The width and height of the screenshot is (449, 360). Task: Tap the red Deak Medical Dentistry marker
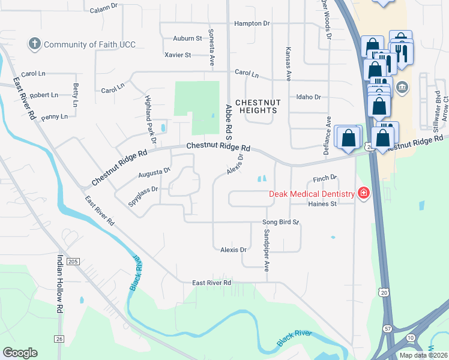363,193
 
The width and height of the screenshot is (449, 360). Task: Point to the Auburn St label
187,38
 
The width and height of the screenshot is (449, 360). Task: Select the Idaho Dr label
309,97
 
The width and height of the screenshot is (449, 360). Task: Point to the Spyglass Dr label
142,196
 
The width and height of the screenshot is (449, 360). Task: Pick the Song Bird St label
280,222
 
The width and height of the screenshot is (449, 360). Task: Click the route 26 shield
58,339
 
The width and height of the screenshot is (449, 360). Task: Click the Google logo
20,353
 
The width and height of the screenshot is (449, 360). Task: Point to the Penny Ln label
55,116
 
